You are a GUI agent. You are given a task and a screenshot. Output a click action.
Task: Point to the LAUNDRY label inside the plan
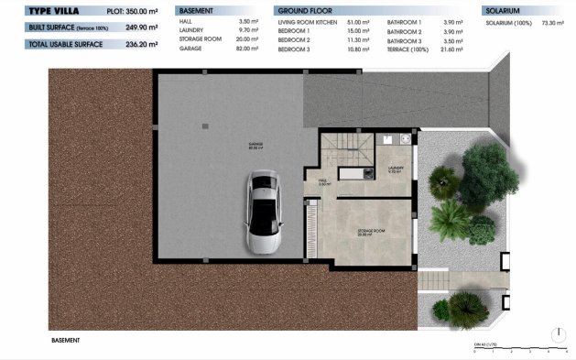[396, 169]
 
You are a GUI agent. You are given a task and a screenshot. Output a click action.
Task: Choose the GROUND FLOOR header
[299, 11]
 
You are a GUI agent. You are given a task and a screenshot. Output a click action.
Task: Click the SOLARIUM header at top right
[503, 11]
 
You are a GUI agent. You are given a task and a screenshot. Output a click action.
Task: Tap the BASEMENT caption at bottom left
[65, 340]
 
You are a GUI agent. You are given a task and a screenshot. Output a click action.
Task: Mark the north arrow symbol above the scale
[558, 333]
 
